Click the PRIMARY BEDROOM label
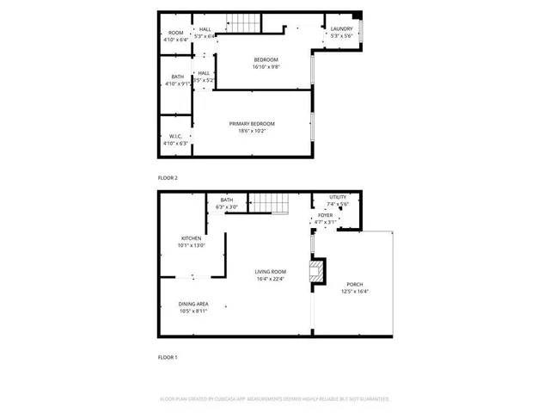point(252,124)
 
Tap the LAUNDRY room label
point(341,30)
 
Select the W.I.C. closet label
point(174,136)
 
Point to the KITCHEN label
point(191,238)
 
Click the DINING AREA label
point(192,304)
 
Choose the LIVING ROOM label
point(270,272)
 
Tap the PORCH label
point(354,285)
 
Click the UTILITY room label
point(338,197)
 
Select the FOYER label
point(326,216)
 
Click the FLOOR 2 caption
point(168,177)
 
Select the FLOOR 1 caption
point(168,357)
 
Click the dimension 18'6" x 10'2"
point(252,131)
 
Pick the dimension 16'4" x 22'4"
point(270,279)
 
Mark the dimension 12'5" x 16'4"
point(354,292)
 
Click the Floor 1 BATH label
point(227,200)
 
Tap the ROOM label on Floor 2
point(175,33)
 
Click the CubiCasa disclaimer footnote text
point(275,399)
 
